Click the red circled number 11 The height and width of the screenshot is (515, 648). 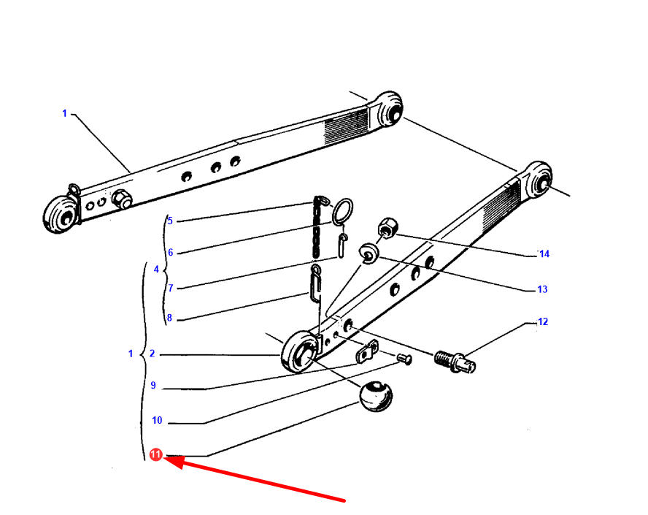(156, 454)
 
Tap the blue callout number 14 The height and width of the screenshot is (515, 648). (544, 254)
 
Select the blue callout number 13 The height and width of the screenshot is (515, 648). (542, 289)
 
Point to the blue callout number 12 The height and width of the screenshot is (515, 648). (543, 321)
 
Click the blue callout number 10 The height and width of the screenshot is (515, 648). (157, 420)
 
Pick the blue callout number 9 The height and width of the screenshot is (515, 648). (153, 385)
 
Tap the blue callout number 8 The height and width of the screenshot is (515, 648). (169, 318)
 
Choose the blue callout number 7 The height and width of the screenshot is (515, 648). (170, 288)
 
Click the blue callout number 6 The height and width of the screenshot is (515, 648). (170, 252)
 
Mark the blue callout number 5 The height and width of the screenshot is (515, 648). (170, 221)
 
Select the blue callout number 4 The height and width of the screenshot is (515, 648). (156, 270)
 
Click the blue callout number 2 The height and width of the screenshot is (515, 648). (152, 354)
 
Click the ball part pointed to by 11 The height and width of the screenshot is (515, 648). (376, 397)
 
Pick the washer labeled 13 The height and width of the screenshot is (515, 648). (369, 253)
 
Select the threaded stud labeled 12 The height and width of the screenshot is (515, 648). (455, 361)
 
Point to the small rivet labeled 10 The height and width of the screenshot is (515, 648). (404, 359)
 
